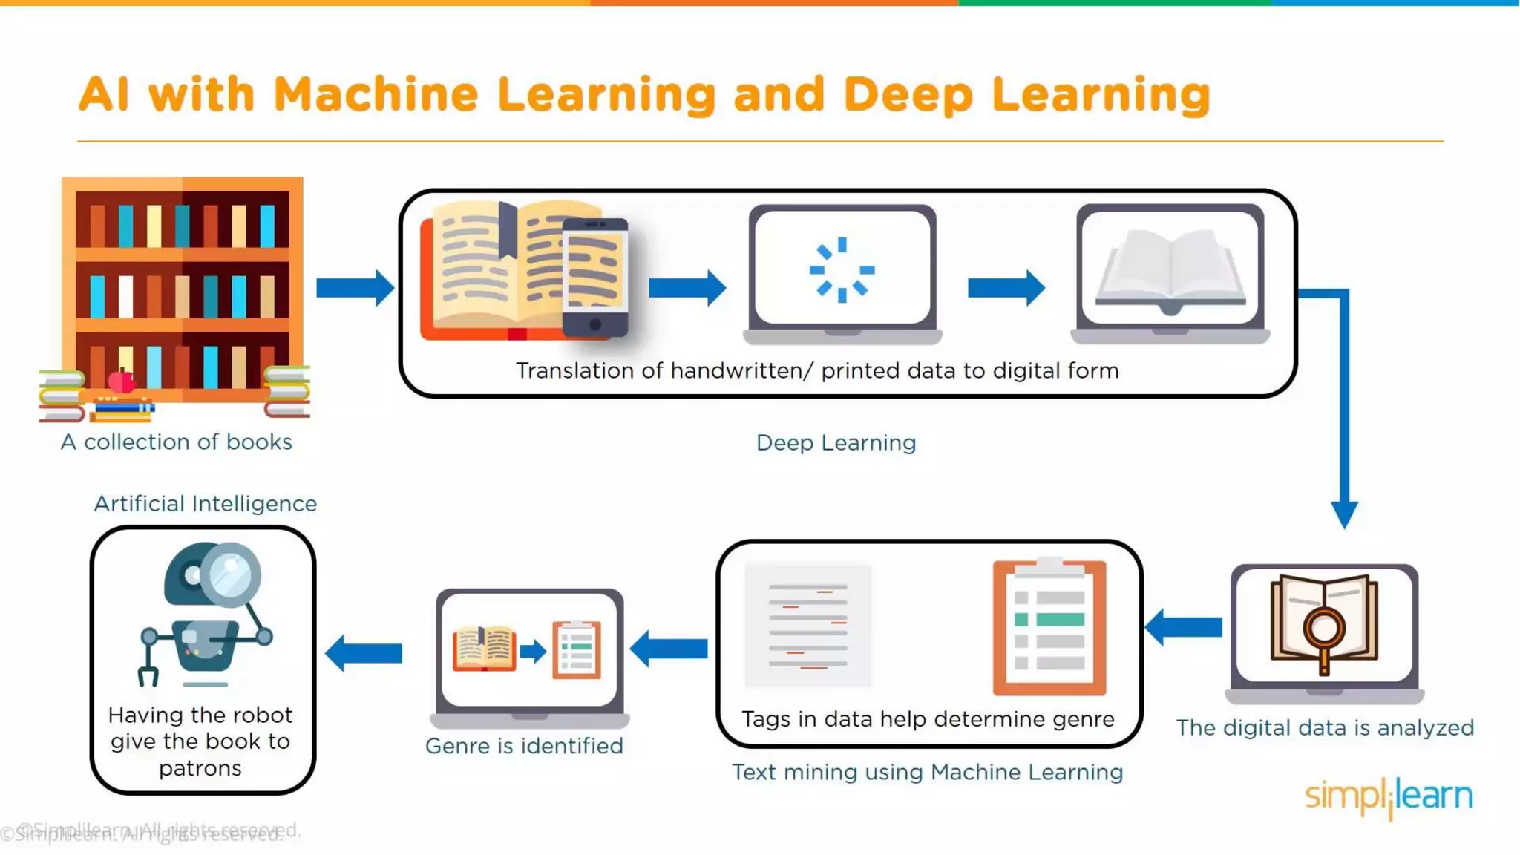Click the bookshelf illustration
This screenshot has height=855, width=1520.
182,289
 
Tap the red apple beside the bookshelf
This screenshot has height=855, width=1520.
122,381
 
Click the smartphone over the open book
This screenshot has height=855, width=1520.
594,277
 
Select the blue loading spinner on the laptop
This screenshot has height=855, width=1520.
842,269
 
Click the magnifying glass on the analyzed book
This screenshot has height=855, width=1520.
1324,631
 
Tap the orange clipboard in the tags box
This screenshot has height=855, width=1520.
1049,628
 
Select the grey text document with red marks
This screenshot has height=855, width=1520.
808,625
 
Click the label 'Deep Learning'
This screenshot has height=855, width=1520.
836,443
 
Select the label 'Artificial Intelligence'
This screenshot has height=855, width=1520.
206,504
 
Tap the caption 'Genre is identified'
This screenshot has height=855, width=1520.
524,746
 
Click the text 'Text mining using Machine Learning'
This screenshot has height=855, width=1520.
928,773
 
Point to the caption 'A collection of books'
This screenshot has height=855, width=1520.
177,442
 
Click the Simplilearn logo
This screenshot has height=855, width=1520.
1389,797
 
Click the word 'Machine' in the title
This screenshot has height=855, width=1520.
376,95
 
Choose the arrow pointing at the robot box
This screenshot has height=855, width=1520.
364,653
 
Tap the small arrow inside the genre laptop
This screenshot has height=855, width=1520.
533,652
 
